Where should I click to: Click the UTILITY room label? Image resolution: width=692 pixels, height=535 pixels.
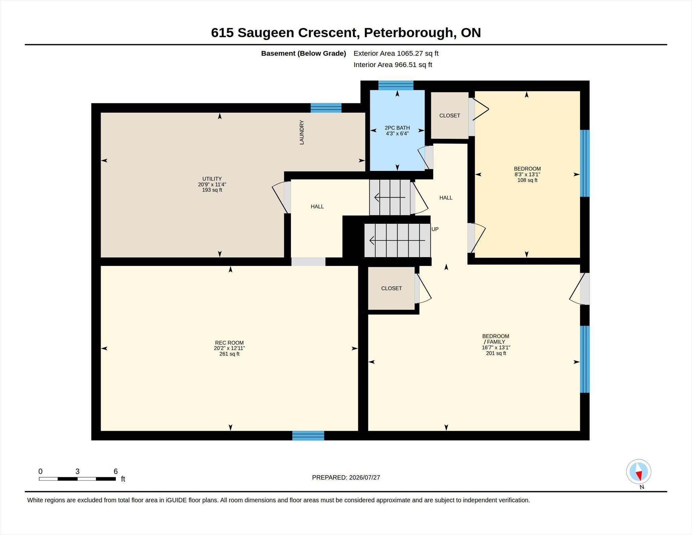tap(212, 179)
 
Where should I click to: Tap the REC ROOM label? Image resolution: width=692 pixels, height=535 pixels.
tap(229, 343)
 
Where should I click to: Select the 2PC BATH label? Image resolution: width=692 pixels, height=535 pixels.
tap(397, 128)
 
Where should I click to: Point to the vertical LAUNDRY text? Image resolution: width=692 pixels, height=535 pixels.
tap(302, 132)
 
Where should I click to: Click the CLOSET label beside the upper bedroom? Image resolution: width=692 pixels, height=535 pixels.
tap(450, 116)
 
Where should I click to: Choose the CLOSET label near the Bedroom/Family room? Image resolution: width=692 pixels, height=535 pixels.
tap(392, 288)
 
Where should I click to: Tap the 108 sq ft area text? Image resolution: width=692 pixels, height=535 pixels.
tap(527, 180)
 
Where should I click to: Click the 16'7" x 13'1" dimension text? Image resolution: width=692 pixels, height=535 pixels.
tap(496, 347)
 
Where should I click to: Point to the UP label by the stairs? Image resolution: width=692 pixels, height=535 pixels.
tap(435, 229)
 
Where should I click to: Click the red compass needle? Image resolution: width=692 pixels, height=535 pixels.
tap(639, 476)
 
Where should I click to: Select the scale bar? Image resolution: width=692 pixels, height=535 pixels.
tap(77, 479)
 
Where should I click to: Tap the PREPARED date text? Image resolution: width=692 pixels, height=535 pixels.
tap(346, 478)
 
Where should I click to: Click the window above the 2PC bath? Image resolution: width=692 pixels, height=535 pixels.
tap(396, 85)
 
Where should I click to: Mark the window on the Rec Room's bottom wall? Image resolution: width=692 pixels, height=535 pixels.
tap(308, 436)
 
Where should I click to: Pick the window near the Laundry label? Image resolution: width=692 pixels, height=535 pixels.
tap(326, 108)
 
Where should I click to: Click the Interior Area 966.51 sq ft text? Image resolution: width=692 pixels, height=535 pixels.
tap(393, 65)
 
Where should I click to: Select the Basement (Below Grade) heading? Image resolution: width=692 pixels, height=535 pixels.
tap(303, 53)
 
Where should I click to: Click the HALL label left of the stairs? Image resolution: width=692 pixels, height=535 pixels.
tap(317, 206)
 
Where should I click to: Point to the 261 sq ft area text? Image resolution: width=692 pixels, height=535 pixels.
tap(229, 354)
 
